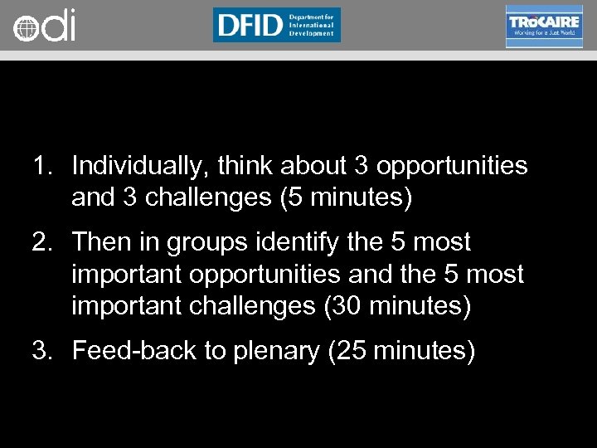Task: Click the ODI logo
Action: pyautogui.click(x=44, y=26)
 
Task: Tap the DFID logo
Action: pyautogui.click(x=276, y=25)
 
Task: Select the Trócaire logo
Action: pyautogui.click(x=543, y=26)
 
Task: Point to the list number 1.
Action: pyautogui.click(x=42, y=166)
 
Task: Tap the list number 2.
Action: pyautogui.click(x=42, y=242)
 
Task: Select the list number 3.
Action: pyautogui.click(x=42, y=351)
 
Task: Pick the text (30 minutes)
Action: pyautogui.click(x=396, y=308)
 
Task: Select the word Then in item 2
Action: pyautogui.click(x=102, y=242)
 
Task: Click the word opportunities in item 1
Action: pyautogui.click(x=452, y=167)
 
